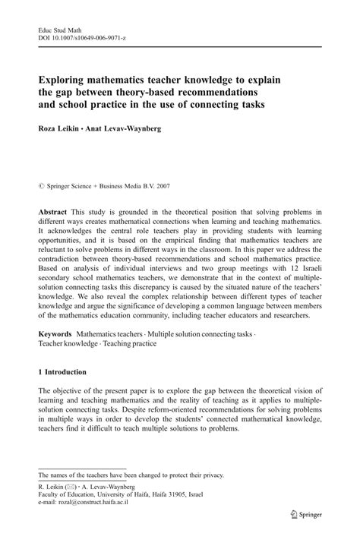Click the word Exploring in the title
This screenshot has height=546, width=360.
65,77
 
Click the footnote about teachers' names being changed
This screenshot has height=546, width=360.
131,475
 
